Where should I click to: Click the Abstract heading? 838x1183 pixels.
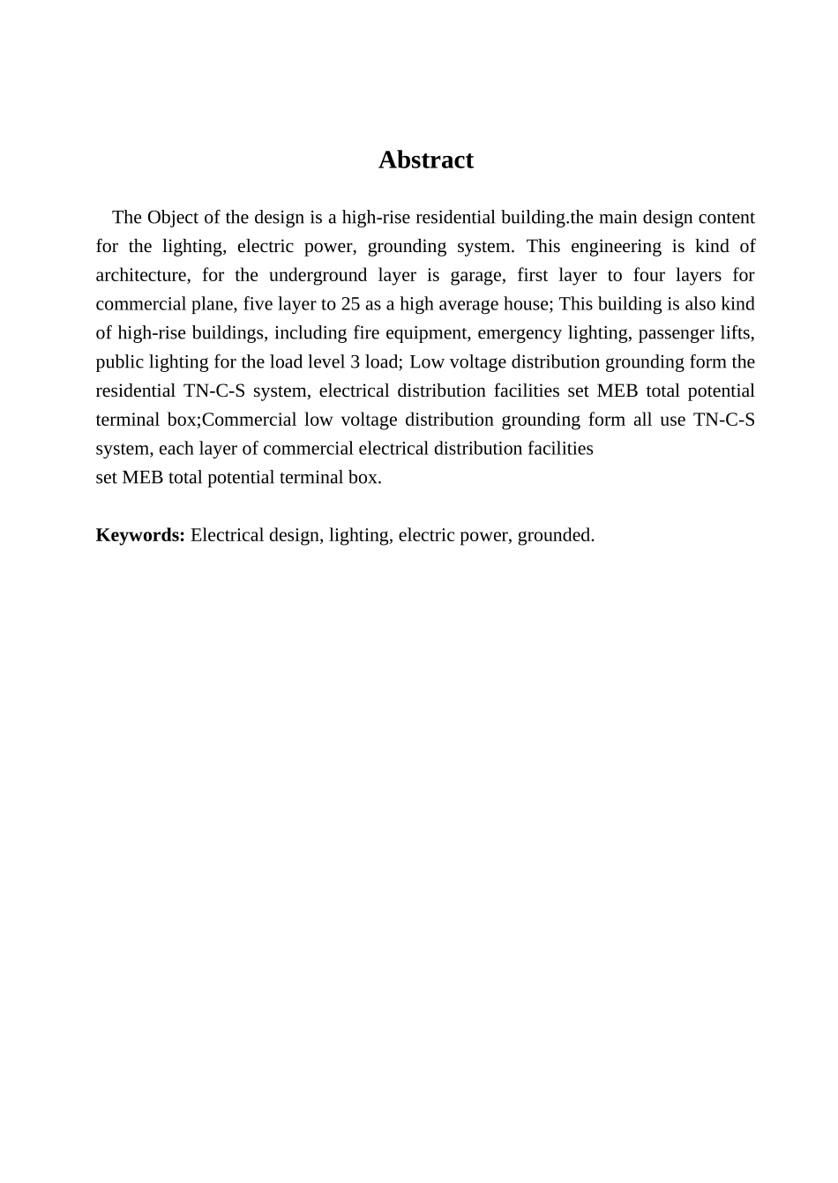pos(425,160)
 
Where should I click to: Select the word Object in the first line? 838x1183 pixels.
pos(172,217)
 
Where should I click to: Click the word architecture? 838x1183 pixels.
pos(141,275)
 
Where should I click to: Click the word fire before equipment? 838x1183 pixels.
pos(366,333)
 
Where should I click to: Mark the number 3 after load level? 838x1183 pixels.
pos(355,362)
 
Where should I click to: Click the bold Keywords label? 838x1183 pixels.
pos(140,535)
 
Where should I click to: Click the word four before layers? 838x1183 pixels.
pos(648,275)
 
